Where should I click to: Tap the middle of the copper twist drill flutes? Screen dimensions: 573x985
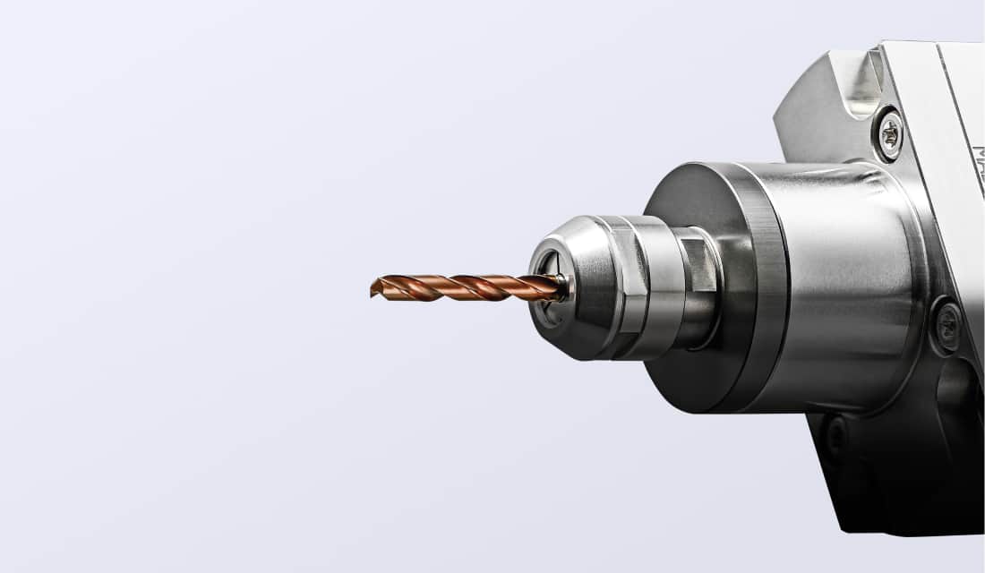466,287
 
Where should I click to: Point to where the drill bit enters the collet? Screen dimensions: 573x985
562,287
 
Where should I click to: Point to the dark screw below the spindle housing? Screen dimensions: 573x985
835,436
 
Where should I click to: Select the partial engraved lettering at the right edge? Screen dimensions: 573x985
978,166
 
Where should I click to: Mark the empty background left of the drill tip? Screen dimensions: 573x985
224,288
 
